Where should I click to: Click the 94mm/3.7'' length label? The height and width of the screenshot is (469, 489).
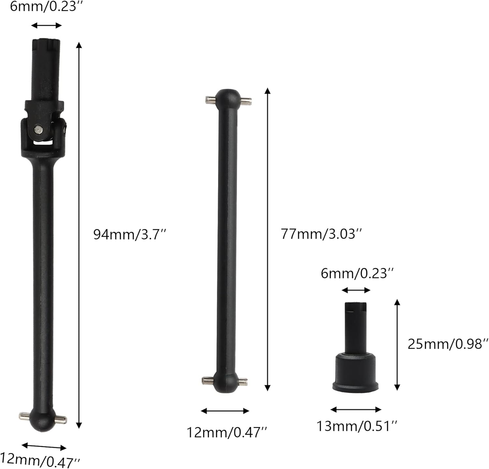pos(130,234)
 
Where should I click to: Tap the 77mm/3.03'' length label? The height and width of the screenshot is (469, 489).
pos(321,234)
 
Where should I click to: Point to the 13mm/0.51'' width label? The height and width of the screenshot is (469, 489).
pos(357,426)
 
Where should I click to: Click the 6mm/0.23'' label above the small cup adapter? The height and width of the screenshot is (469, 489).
pos(358,273)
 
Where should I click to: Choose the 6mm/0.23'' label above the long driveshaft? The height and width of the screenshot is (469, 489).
pos(47,7)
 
